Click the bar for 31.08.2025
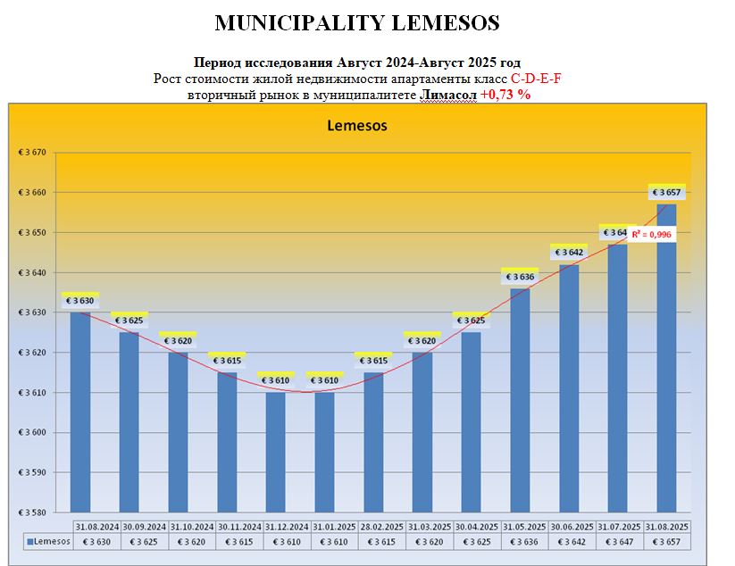pos(666,357)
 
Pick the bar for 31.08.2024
pos(80,411)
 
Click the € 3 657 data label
pos(666,193)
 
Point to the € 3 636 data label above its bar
pos(520,277)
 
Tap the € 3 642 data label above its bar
pos(569,253)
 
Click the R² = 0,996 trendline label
pos(651,234)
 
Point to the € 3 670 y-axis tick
pos(32,153)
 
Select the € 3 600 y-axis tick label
pos(32,433)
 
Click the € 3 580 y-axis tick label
pos(32,512)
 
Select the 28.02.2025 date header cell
pos(373,528)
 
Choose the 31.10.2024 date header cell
pos(178,528)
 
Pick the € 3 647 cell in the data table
pos(617,541)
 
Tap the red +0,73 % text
pos(505,95)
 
